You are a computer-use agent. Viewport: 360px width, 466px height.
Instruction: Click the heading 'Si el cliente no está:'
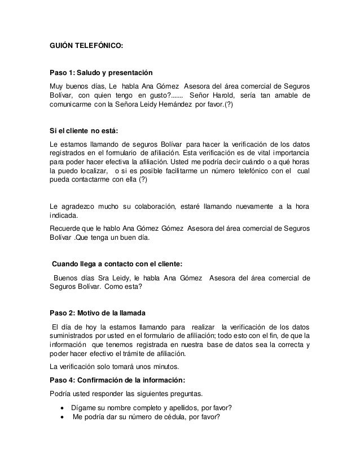point(83,131)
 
